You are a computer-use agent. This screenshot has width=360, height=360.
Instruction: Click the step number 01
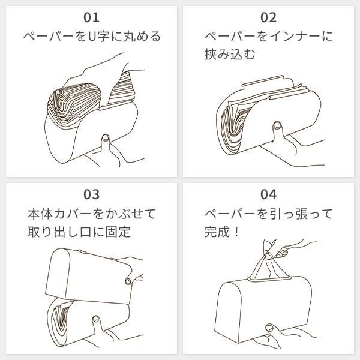click(x=91, y=17)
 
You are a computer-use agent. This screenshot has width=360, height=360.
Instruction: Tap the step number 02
click(x=268, y=17)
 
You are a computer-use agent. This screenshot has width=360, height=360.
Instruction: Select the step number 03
click(x=91, y=194)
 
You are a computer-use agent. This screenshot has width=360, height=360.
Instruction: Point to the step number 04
click(x=268, y=194)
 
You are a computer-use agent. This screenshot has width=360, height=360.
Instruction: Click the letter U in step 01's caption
click(x=92, y=37)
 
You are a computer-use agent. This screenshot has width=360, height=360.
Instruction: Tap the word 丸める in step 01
click(x=142, y=37)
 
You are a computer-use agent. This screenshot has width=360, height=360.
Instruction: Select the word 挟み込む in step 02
click(x=230, y=55)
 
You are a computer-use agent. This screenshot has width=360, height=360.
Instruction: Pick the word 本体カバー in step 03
click(x=59, y=214)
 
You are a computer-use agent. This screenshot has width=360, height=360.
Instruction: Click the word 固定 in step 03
click(x=118, y=232)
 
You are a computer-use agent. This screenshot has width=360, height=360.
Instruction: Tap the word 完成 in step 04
click(x=217, y=232)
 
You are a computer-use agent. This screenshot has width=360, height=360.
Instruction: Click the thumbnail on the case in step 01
click(x=106, y=138)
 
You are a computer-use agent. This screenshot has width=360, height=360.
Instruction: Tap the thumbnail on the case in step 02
click(x=277, y=125)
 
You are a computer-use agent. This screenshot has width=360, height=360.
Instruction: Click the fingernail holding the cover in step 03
click(x=128, y=281)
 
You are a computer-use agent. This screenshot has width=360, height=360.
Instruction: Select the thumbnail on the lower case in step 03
click(x=95, y=319)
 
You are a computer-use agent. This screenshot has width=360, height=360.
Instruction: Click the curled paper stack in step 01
click(x=73, y=104)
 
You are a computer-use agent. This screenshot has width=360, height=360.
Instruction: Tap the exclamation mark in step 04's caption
click(x=237, y=232)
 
